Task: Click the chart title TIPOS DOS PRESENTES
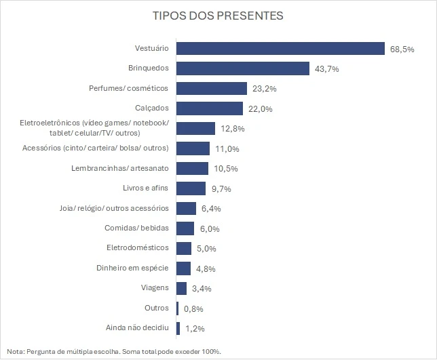(x=218, y=15)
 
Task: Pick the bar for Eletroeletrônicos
(x=195, y=128)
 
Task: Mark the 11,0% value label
(x=227, y=148)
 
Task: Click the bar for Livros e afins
(x=191, y=188)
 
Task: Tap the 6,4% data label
(x=211, y=209)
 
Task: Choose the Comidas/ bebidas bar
(x=185, y=228)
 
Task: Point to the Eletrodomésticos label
(x=138, y=248)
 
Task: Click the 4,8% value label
(x=206, y=268)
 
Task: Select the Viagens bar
(x=181, y=288)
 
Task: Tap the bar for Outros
(x=178, y=308)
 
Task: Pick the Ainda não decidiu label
(x=137, y=328)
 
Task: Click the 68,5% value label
(x=402, y=49)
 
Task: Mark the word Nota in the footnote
(x=14, y=351)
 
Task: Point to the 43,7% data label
(x=326, y=69)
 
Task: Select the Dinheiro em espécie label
(x=132, y=268)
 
